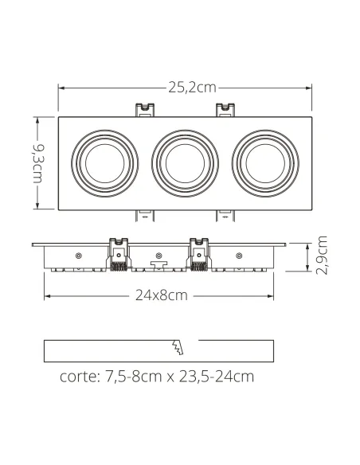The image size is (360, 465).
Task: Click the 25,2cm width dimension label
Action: pyautogui.click(x=192, y=88)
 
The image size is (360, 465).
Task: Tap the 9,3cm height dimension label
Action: pyautogui.click(x=38, y=164)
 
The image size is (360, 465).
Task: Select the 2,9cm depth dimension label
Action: pyautogui.click(x=322, y=256)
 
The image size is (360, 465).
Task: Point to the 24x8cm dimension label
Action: pyautogui.click(x=162, y=295)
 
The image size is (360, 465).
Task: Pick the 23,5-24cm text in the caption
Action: pyautogui.click(x=217, y=377)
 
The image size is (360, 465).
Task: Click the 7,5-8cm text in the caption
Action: pyautogui.click(x=134, y=377)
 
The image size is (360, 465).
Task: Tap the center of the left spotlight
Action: pyautogui.click(x=104, y=163)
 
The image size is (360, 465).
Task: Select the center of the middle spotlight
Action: pyautogui.click(x=185, y=163)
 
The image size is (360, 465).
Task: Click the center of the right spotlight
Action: pyautogui.click(x=265, y=163)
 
